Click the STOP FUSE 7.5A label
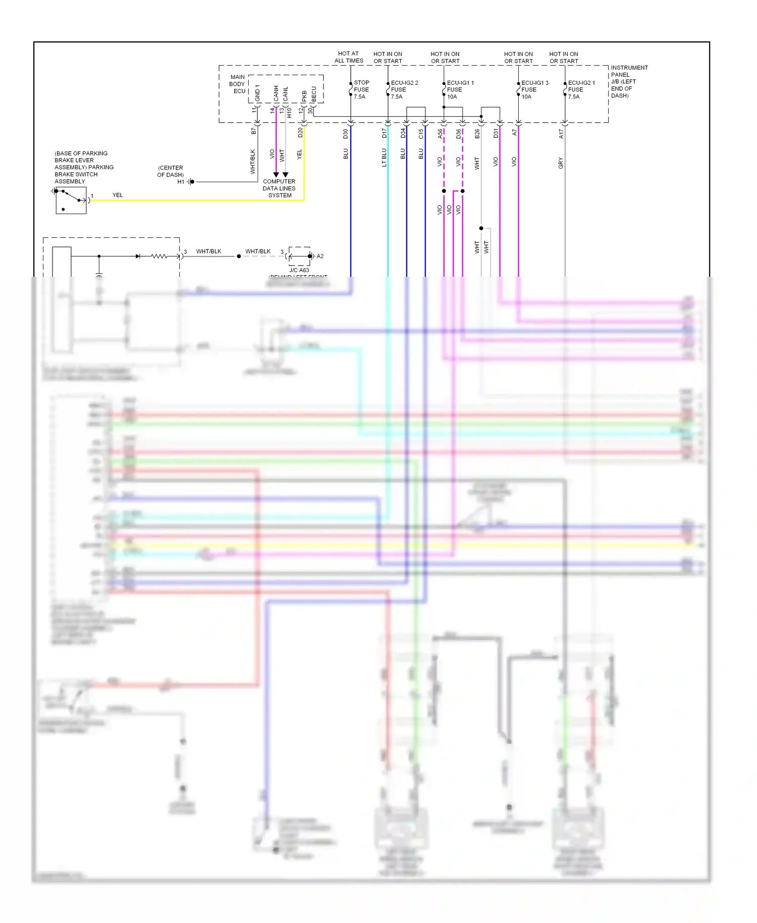coord(361,89)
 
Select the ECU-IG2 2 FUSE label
coord(404,89)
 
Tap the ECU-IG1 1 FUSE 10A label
coord(460,89)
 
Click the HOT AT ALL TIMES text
coord(349,57)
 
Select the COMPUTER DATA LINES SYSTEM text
coord(279,188)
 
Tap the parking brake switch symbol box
coord(71,200)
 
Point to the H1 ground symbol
coord(190,182)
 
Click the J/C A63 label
coord(299,270)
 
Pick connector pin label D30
coord(346,134)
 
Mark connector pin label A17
coord(561,134)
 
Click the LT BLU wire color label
coord(384,157)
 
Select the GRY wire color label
coord(561,163)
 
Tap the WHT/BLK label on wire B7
coord(253,162)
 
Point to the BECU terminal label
coord(313,94)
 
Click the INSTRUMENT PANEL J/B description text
coord(629,81)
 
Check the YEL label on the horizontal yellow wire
coord(118,195)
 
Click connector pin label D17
coord(384,133)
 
